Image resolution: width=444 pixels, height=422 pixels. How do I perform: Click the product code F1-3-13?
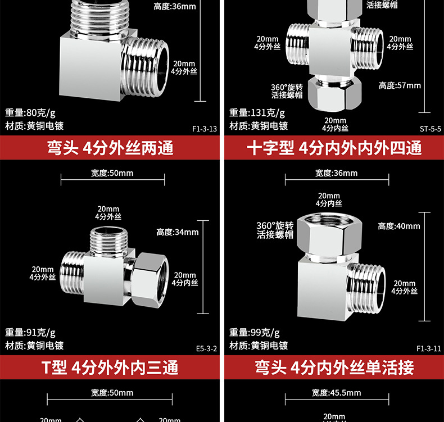pos(205,129)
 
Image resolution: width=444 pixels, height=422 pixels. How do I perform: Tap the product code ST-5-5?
pos(431,129)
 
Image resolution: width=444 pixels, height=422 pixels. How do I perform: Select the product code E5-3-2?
pos(206,348)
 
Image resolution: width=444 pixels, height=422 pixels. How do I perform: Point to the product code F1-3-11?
pos(429,348)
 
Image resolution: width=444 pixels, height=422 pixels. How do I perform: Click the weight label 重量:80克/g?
pos(30,112)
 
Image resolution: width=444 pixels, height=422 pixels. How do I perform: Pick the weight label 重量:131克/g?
pos(257,112)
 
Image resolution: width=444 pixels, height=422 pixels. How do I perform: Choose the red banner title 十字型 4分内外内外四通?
pos(334,148)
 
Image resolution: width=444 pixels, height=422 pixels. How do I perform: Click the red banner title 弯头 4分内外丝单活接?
pos(334,368)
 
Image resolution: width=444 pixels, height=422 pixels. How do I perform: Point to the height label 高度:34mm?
pos(178,232)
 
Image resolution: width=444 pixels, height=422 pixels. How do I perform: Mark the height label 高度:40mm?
pos(399,226)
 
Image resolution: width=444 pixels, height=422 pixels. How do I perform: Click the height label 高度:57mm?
pos(400,85)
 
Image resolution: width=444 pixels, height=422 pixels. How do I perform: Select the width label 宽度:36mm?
pos(336,173)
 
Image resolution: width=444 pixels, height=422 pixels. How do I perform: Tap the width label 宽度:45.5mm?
pos(336,393)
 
